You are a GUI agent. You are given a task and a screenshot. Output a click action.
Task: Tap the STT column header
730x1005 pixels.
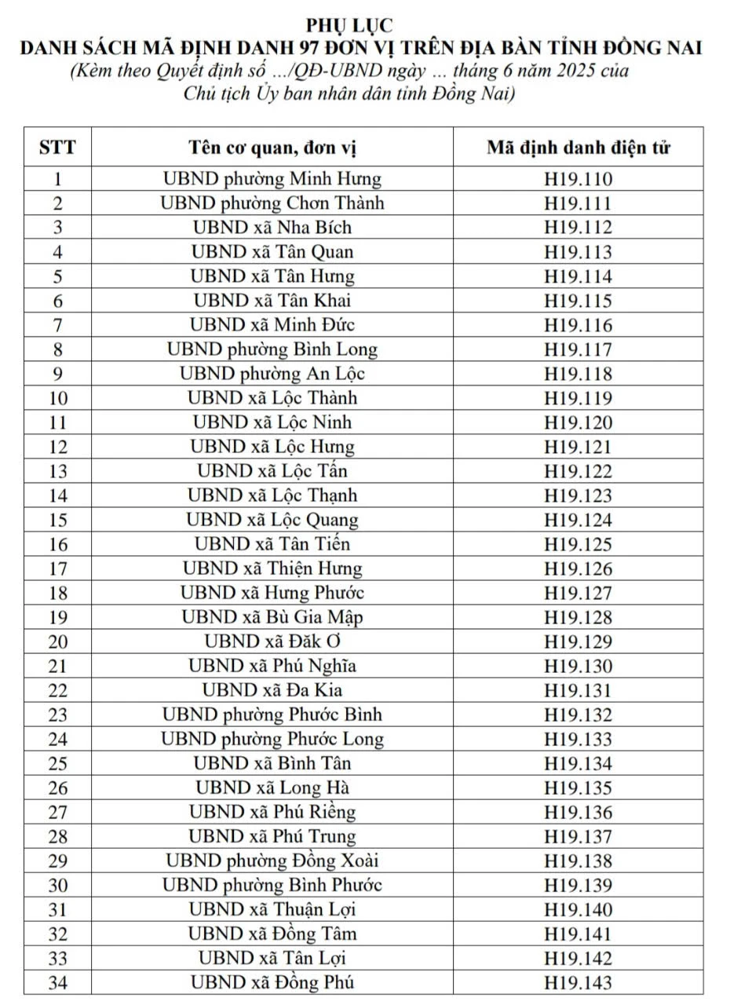click(57, 147)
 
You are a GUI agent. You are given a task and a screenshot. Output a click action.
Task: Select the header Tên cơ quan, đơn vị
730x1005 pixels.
click(272, 147)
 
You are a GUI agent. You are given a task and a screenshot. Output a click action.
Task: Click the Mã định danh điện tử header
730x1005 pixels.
click(578, 147)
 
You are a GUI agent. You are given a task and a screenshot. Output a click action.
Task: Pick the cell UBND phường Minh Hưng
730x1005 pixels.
click(272, 179)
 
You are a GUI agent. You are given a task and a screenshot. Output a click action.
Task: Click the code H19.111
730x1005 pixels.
click(578, 204)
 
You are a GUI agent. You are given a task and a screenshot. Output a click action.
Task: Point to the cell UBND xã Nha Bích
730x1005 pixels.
click(272, 228)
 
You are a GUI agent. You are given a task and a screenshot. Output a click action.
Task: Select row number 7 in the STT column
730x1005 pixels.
click(57, 325)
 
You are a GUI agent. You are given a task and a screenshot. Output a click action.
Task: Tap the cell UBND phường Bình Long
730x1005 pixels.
click(272, 349)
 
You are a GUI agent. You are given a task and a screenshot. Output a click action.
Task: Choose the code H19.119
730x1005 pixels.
click(578, 398)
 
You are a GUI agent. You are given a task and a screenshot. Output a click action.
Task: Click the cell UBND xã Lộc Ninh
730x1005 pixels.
click(272, 422)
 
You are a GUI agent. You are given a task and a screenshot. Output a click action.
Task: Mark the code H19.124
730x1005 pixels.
click(578, 520)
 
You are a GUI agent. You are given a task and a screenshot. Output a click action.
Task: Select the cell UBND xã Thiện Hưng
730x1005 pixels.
click(272, 568)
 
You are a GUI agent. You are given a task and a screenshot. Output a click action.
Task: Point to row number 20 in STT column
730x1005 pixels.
click(57, 641)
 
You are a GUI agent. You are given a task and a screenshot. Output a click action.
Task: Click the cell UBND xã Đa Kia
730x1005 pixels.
click(272, 690)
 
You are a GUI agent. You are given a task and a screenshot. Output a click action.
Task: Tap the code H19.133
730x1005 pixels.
click(578, 739)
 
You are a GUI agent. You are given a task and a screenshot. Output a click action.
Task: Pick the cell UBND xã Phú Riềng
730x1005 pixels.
click(272, 812)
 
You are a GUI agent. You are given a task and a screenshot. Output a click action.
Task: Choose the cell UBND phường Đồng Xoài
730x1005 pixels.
click(272, 861)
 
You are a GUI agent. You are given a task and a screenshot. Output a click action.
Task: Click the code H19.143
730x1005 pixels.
click(578, 982)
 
